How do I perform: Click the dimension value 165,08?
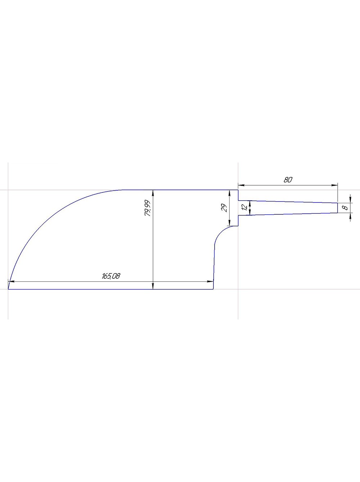[x=111, y=276]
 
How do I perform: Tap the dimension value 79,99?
[x=148, y=208]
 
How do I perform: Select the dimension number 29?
[x=224, y=208]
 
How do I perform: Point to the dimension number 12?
[x=244, y=208]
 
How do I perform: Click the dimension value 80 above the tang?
[x=288, y=180]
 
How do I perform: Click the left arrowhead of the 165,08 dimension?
[x=12, y=281]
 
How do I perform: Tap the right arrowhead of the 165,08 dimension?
[x=210, y=281]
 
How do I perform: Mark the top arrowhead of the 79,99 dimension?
[x=153, y=192]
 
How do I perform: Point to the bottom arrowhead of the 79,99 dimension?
[x=153, y=286]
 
